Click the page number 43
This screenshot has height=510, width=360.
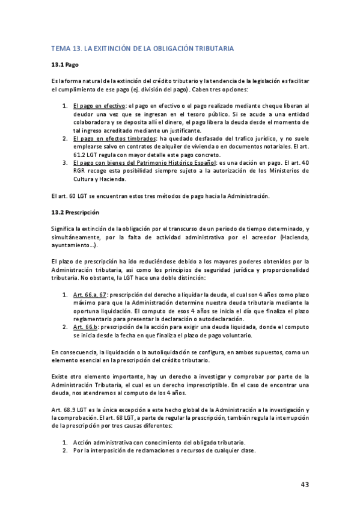click(305, 485)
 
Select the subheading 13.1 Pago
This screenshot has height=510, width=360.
click(66, 64)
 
